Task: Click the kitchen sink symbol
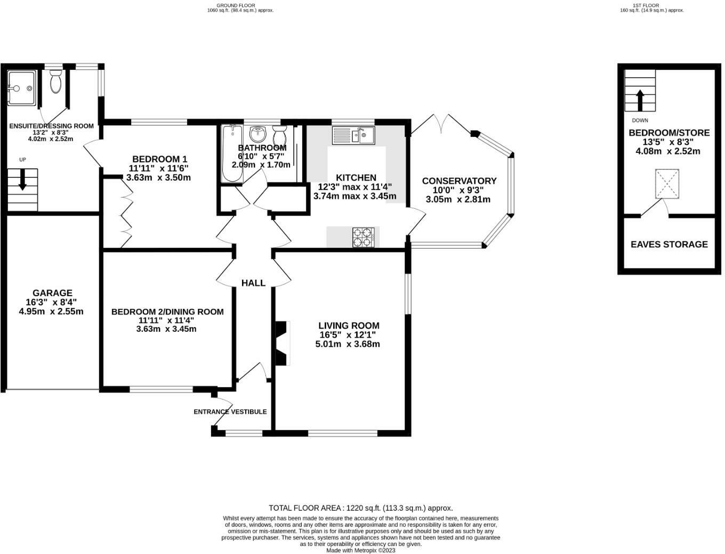353,135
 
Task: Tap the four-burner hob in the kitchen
363,237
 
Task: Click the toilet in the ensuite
55,83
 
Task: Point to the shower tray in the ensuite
21,88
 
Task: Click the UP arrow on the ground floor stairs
22,180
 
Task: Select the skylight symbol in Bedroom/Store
667,184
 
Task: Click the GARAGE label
52,293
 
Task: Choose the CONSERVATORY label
459,181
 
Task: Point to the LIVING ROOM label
349,325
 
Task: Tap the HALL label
253,283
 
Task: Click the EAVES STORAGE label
669,245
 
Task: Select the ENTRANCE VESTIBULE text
230,412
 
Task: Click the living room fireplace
281,343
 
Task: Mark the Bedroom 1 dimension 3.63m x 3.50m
158,177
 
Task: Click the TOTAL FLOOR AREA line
360,508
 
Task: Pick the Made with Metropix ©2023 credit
361,550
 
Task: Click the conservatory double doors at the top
441,124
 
